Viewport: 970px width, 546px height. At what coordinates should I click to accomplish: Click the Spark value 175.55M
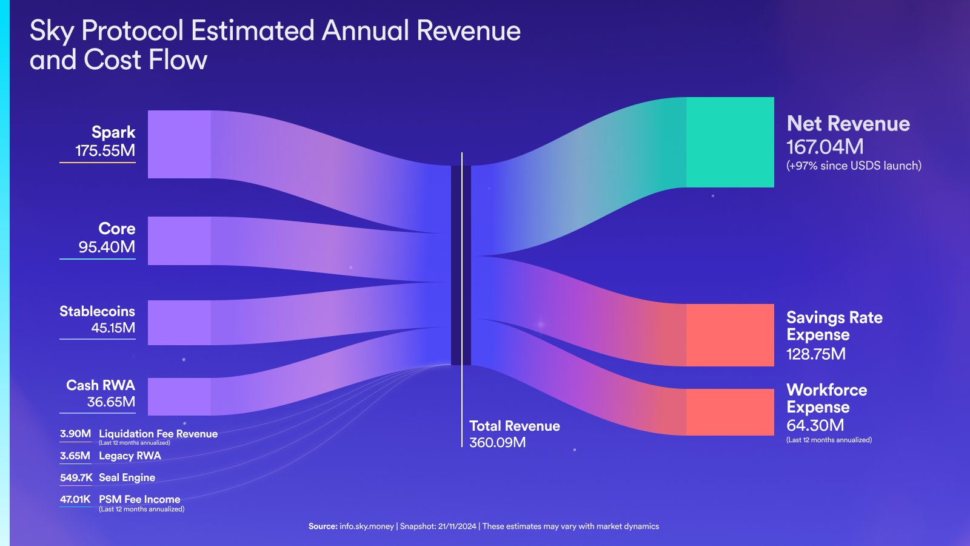click(x=105, y=151)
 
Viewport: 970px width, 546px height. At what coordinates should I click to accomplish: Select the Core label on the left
click(x=117, y=229)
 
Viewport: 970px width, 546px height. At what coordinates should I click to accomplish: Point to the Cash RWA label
click(x=101, y=385)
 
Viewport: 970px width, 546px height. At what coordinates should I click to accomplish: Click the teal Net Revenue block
click(x=730, y=142)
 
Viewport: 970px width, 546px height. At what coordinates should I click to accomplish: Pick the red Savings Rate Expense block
click(x=730, y=335)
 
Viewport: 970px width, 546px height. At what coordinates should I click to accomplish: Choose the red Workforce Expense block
click(x=730, y=412)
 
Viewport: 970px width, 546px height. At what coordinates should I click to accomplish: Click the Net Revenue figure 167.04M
click(x=824, y=147)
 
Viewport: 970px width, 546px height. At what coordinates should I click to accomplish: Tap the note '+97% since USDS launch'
click(x=854, y=166)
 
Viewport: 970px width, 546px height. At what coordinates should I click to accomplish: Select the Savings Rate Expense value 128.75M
click(x=815, y=354)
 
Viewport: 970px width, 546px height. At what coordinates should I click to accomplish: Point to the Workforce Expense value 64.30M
click(x=815, y=425)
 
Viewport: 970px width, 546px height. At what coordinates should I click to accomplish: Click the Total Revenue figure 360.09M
click(x=497, y=443)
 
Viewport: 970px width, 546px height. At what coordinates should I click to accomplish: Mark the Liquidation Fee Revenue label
click(x=158, y=434)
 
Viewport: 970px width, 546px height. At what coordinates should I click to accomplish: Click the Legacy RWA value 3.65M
click(x=75, y=456)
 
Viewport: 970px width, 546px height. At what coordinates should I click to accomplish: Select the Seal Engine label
click(x=127, y=477)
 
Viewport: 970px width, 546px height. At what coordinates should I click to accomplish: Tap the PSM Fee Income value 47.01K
click(x=75, y=499)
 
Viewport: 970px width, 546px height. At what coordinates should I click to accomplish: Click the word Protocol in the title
click(x=132, y=31)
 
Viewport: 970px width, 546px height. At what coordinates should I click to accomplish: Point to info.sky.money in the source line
click(x=367, y=527)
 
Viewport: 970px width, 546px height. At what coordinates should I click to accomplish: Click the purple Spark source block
click(x=179, y=144)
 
